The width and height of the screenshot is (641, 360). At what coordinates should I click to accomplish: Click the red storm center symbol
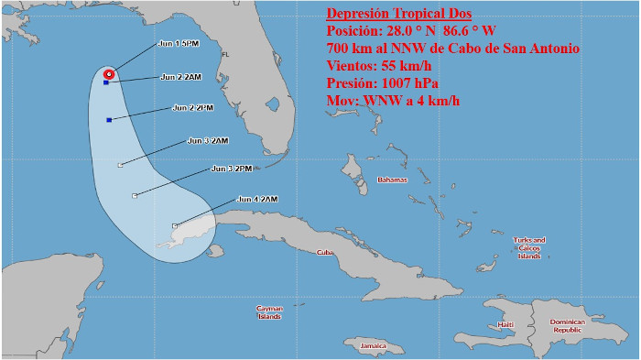tap(109, 73)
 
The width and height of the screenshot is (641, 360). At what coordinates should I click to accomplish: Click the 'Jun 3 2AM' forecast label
tap(207, 140)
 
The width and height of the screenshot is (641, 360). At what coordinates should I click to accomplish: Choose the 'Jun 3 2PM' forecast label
tap(231, 169)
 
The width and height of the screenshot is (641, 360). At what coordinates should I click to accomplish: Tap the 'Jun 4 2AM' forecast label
tap(256, 199)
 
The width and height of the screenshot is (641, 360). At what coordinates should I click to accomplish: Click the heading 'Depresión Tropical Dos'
tap(399, 14)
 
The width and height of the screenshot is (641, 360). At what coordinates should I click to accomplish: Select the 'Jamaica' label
tap(373, 345)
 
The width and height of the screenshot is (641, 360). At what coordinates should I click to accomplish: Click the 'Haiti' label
tap(505, 325)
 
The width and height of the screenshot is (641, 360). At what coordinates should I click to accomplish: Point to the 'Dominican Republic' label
tap(573, 326)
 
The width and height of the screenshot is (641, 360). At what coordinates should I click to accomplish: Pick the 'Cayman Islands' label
tap(269, 312)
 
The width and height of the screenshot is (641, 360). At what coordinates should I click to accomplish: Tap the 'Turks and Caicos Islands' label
tap(528, 247)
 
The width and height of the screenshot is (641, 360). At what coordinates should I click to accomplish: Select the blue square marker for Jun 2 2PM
tap(109, 120)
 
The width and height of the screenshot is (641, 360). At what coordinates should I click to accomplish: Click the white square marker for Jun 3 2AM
tap(121, 165)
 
